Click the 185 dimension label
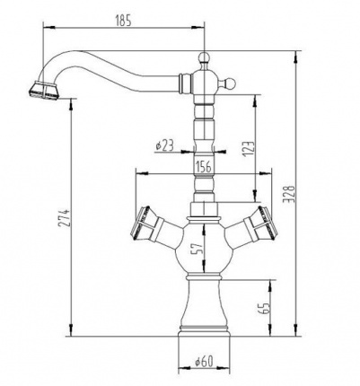[x=123, y=22]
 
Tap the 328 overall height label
[x=290, y=194]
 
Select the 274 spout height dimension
[x=66, y=217]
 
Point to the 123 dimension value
[x=249, y=149]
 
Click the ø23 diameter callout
[x=165, y=145]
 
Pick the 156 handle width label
[x=204, y=165]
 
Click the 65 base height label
[x=264, y=308]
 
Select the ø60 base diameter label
[x=204, y=361]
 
